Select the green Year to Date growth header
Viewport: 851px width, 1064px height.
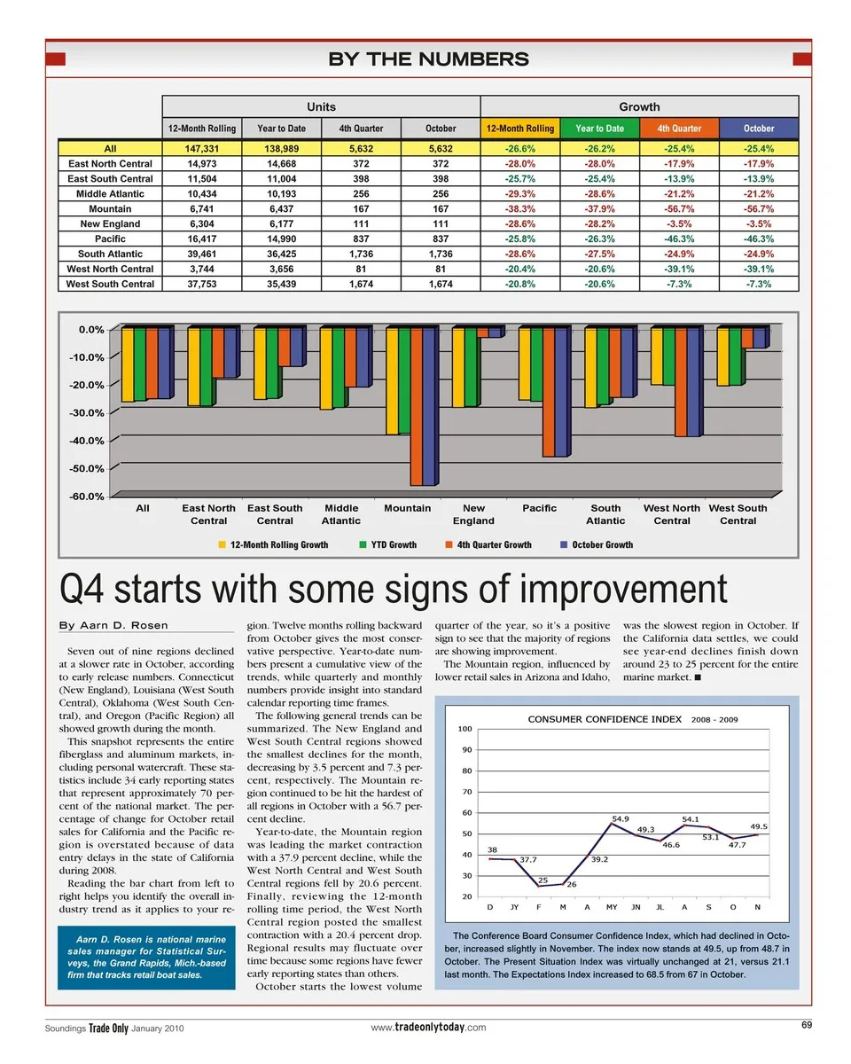coord(599,129)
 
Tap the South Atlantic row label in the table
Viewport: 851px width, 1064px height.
coord(110,254)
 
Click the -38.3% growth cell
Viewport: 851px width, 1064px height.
coord(519,209)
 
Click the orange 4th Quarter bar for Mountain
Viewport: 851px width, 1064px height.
coord(416,407)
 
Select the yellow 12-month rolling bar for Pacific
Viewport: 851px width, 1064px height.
coord(524,364)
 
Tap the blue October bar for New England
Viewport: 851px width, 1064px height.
coord(495,332)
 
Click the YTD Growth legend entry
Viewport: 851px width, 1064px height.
coord(393,544)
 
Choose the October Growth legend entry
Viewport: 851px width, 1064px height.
coord(602,544)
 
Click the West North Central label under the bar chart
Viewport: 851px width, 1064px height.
coord(671,514)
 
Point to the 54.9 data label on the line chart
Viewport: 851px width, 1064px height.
coord(621,818)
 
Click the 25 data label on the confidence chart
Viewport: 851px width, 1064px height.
coord(543,880)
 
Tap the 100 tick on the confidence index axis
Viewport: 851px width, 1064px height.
coord(465,729)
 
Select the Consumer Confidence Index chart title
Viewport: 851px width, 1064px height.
coord(605,719)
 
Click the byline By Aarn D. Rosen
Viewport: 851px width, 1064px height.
coord(113,626)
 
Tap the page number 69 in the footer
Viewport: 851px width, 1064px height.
coord(807,1025)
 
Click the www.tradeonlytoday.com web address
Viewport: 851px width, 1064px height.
coord(428,1027)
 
